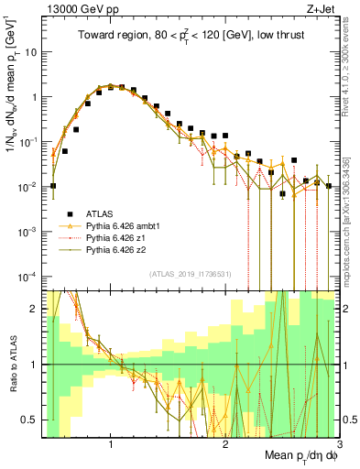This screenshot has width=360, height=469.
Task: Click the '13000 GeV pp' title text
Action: [78, 7]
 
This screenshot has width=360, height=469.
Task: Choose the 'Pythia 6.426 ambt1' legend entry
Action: [128, 223]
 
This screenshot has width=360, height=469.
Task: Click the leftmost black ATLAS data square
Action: [53, 186]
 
